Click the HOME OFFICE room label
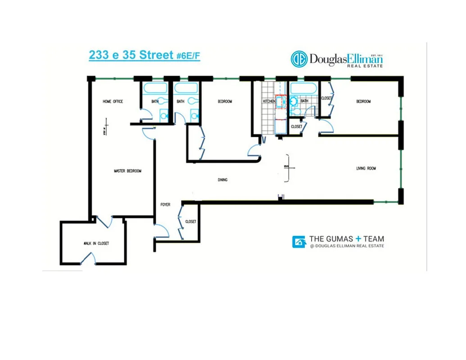tap(113, 102)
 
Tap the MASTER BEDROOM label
tap(127, 171)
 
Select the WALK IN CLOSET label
tap(96, 243)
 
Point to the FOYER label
tap(166, 205)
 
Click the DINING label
tap(222, 180)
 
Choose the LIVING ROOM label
tap(366, 169)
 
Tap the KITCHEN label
tap(269, 102)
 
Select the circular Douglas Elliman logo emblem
tap(299, 59)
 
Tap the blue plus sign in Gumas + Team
tap(358, 239)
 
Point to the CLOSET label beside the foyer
tap(190, 221)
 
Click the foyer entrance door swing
tap(162, 232)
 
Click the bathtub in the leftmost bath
tap(154, 88)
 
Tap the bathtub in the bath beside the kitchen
tap(304, 88)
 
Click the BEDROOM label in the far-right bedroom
tap(363, 102)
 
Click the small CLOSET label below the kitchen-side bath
tap(296, 127)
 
